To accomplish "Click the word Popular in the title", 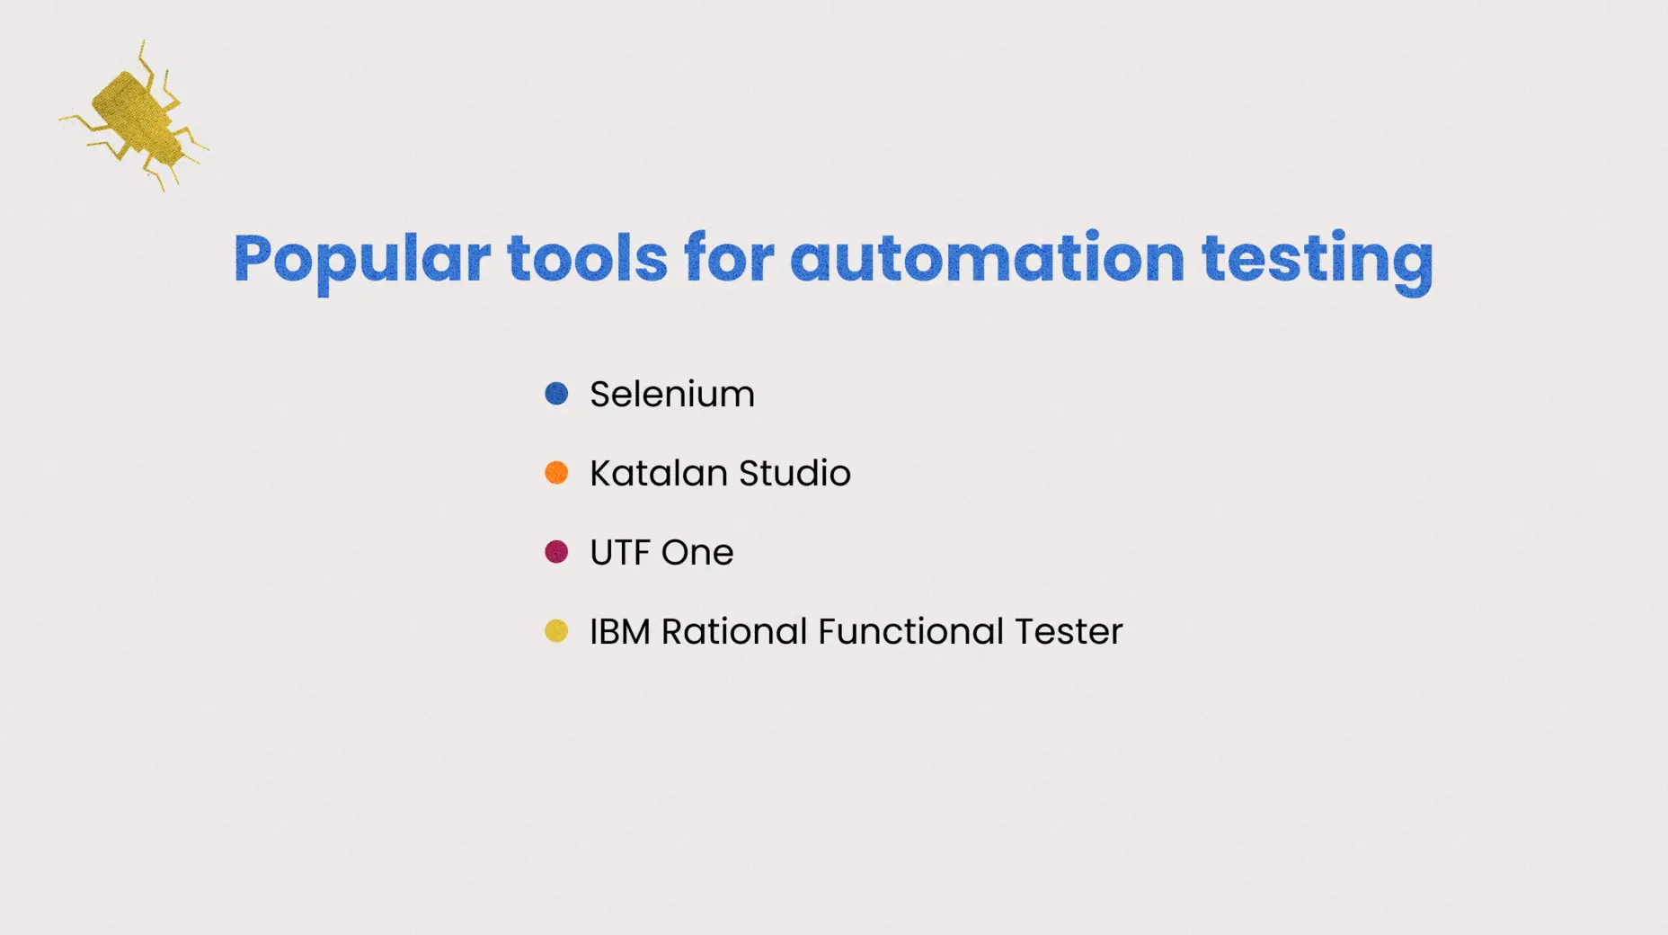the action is pyautogui.click(x=362, y=260).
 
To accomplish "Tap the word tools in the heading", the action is pyautogui.click(x=588, y=258).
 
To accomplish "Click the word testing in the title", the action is pyautogui.click(x=1318, y=261).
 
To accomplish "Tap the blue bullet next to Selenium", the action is pyautogui.click(x=556, y=393).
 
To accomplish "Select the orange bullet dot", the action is pyautogui.click(x=556, y=472).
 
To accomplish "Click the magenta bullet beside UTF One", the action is pyautogui.click(x=556, y=551).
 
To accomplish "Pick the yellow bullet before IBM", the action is pyautogui.click(x=556, y=630).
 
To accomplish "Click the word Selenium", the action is pyautogui.click(x=672, y=394).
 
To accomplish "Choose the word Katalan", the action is pyautogui.click(x=659, y=473).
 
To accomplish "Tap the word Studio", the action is pyautogui.click(x=794, y=473).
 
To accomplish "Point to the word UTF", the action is pyautogui.click(x=620, y=552).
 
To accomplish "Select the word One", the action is pyautogui.click(x=697, y=552).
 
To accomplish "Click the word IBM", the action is pyautogui.click(x=620, y=631).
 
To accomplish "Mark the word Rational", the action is pyautogui.click(x=733, y=631).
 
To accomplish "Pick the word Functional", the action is pyautogui.click(x=910, y=631).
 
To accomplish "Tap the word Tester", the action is pyautogui.click(x=1069, y=631).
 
